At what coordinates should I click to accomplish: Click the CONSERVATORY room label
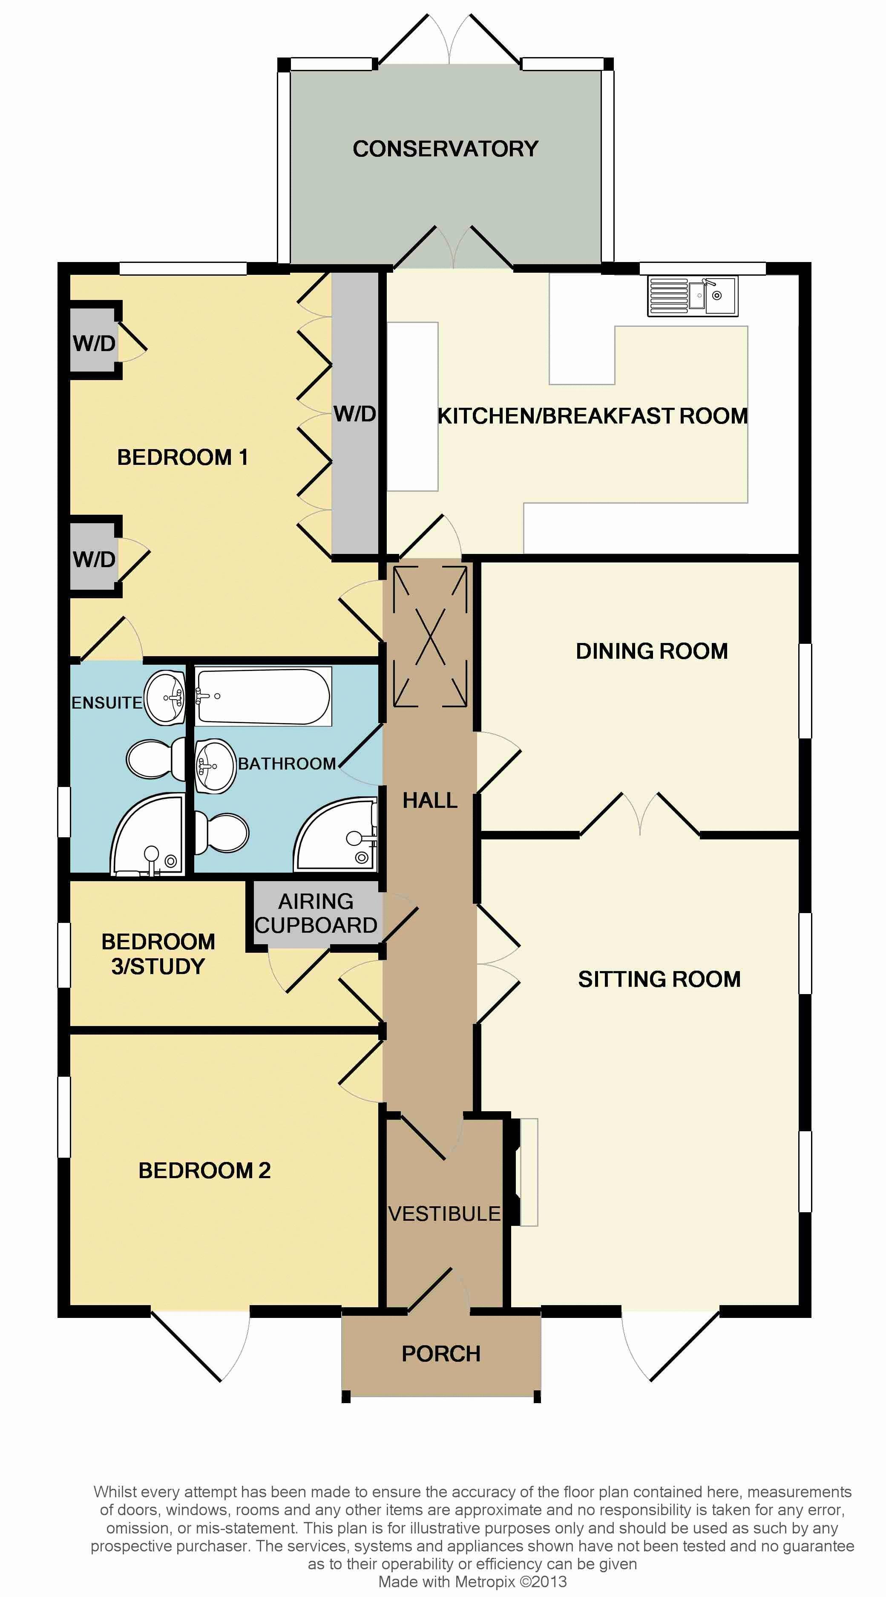(x=446, y=149)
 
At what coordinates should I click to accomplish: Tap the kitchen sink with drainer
(x=693, y=296)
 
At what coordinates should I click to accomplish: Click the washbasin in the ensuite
(x=165, y=698)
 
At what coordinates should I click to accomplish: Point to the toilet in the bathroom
(x=221, y=833)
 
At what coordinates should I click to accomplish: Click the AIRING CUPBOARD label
(x=316, y=913)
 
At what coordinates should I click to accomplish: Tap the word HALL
(x=430, y=800)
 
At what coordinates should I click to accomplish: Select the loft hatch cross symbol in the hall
(x=430, y=637)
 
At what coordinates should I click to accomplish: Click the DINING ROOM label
(x=652, y=651)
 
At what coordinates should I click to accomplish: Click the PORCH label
(x=441, y=1353)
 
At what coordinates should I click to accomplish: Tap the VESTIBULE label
(x=444, y=1213)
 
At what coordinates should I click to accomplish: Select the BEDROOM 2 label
(x=204, y=1170)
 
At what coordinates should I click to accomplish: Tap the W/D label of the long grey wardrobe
(x=355, y=414)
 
